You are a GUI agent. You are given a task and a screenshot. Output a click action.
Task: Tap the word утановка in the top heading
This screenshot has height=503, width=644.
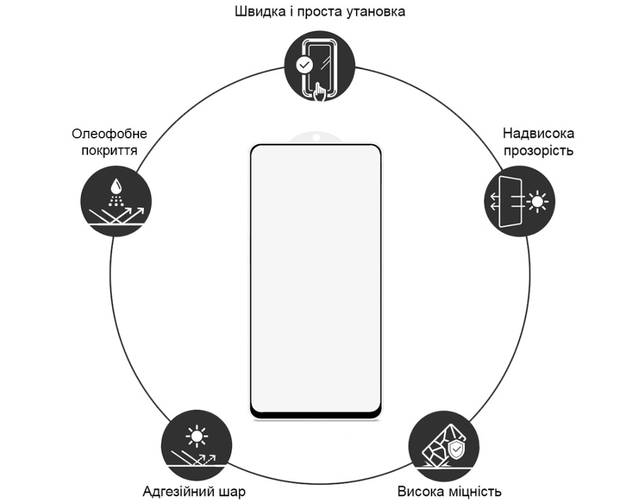(376, 12)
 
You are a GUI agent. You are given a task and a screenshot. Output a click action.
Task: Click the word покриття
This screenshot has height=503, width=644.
(109, 150)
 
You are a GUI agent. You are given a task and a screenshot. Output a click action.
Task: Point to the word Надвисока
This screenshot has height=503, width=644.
(538, 133)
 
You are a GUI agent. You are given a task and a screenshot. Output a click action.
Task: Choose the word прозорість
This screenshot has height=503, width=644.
(538, 151)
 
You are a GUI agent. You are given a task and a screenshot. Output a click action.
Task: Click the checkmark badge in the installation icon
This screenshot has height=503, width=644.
(304, 65)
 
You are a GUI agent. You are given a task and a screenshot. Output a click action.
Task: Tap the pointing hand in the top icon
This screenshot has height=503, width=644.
(320, 91)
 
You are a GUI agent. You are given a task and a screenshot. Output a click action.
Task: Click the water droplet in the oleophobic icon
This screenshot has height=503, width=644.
(116, 186)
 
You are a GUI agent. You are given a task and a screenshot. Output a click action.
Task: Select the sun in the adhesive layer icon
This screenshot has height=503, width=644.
(197, 436)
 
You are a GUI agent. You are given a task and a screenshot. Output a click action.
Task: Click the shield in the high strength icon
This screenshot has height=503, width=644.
(455, 451)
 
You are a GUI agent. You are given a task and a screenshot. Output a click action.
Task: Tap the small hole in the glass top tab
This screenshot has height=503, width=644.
(316, 136)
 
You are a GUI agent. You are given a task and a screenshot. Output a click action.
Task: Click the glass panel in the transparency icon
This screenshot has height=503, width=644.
(511, 201)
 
